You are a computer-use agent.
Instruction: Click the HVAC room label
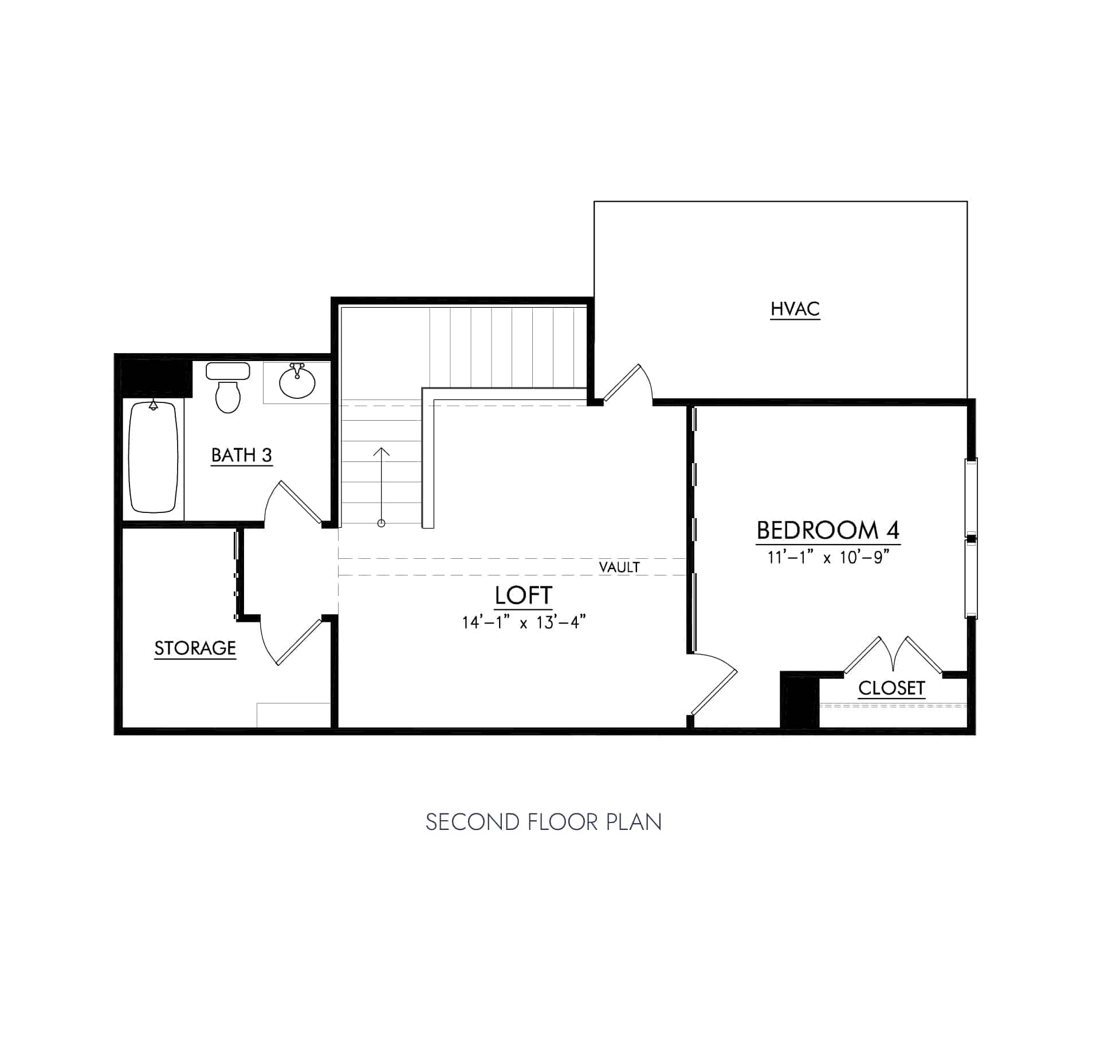coord(795,309)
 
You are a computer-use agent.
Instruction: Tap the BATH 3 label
coord(241,455)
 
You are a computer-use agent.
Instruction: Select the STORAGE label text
coord(195,648)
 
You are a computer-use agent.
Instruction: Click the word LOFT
coord(523,596)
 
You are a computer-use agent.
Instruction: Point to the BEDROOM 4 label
coord(828,530)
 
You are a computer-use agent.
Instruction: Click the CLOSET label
coord(891,688)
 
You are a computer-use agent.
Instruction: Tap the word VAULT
coord(619,567)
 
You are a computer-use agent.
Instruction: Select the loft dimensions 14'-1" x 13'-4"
coord(524,622)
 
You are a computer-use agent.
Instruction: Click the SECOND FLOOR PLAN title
coord(543,822)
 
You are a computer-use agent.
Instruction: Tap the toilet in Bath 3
coord(227,389)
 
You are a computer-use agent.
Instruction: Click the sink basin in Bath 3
coord(297,381)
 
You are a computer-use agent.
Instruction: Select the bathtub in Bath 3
coord(153,457)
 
